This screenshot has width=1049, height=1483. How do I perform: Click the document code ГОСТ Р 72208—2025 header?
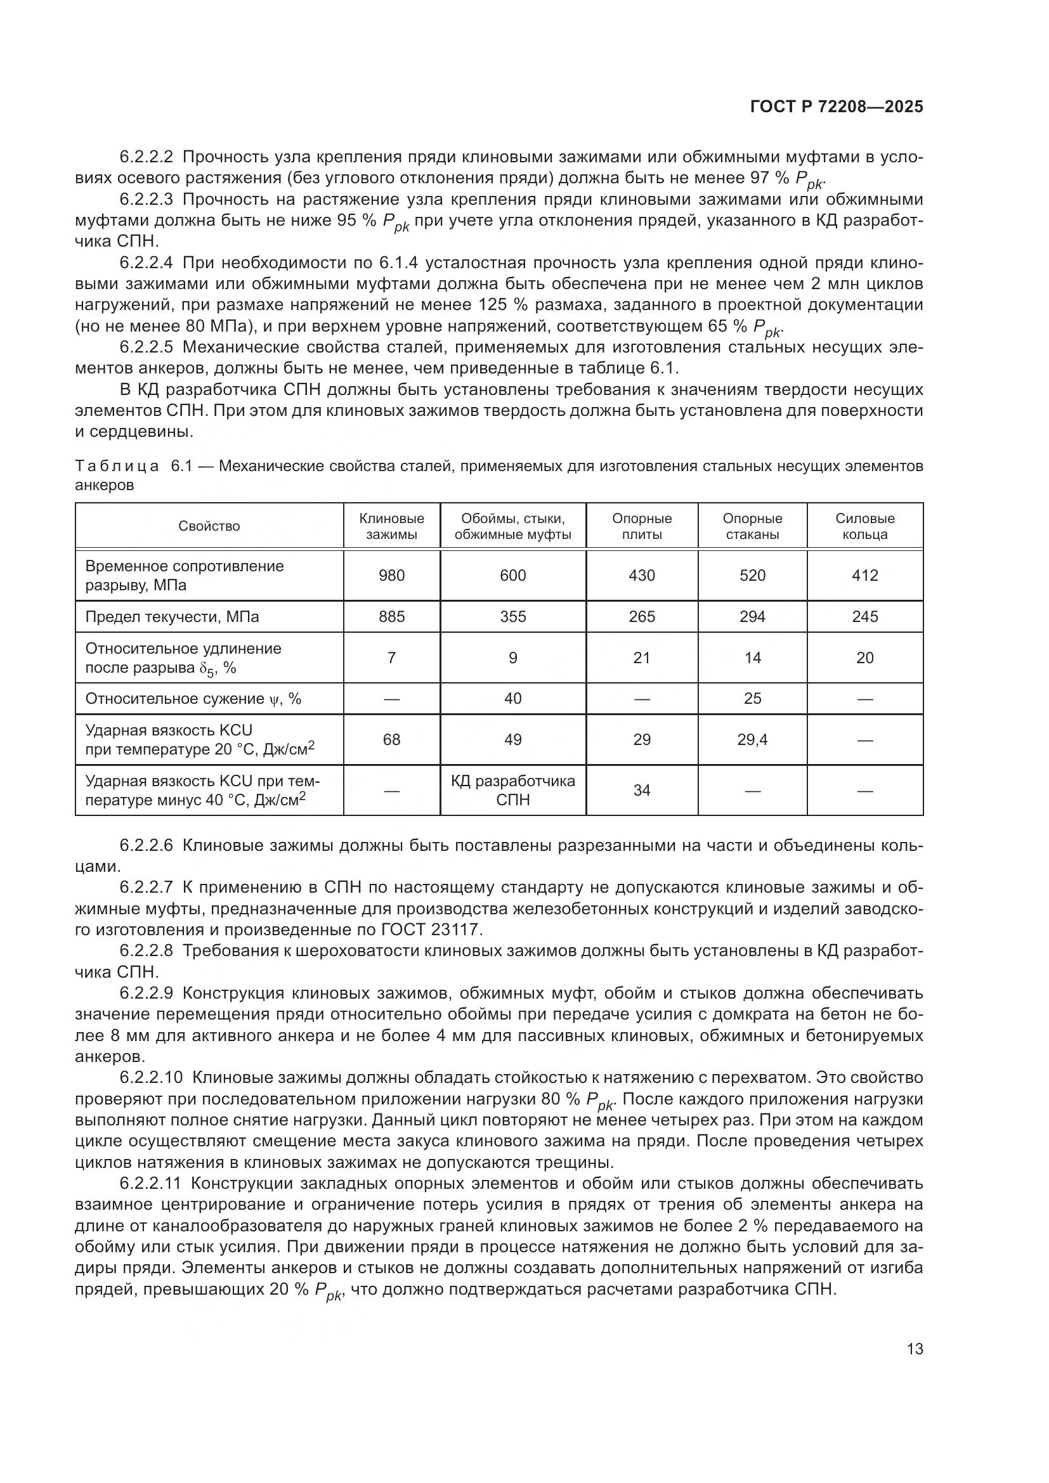[837, 107]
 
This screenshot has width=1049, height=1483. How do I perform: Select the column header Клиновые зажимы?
[391, 526]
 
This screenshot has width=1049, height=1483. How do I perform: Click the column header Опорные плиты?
[641, 526]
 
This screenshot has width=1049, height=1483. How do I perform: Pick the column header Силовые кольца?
[864, 526]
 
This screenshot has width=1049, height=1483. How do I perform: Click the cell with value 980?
[391, 576]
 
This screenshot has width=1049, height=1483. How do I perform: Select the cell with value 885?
[391, 617]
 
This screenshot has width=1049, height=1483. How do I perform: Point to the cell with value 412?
[864, 576]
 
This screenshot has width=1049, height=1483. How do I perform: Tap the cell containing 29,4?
[752, 739]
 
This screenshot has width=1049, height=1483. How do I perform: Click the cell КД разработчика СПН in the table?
[513, 790]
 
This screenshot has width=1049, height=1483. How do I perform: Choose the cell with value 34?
[641, 790]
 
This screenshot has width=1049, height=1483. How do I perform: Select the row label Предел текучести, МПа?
[172, 617]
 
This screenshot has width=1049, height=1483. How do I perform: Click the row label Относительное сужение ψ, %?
[193, 699]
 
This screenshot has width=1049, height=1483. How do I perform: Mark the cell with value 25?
[752, 699]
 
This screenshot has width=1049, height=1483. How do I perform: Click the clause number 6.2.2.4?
[146, 263]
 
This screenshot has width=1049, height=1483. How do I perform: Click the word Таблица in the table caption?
[117, 467]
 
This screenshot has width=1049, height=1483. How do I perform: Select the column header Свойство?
[209, 526]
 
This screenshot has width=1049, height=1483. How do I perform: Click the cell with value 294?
[752, 617]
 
